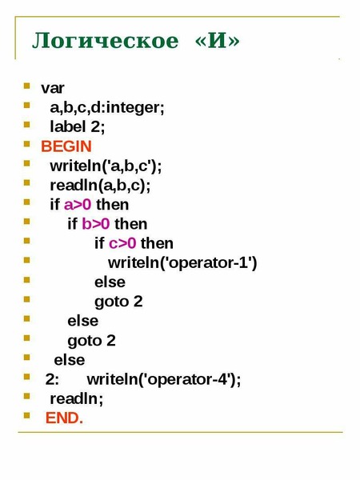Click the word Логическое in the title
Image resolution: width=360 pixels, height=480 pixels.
point(106,41)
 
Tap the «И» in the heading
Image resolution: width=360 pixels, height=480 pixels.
point(218,41)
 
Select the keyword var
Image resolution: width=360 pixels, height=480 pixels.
point(52,88)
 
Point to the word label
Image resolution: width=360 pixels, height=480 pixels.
point(68,126)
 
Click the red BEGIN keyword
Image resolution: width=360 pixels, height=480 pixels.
point(66,146)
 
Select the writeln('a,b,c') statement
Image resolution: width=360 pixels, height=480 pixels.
point(106,166)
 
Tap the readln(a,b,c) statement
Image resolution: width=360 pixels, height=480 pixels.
point(100,186)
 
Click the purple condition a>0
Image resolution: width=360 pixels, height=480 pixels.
point(78,205)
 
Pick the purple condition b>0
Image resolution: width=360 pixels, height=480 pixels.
point(95,224)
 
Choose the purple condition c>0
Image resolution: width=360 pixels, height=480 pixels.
point(122,243)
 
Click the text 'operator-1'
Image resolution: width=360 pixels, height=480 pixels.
point(208,262)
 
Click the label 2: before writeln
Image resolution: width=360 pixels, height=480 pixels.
point(52,379)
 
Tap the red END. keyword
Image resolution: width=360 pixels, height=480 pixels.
point(64,418)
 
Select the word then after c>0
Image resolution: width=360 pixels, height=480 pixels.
point(157,243)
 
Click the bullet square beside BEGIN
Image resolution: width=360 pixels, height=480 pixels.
point(27,143)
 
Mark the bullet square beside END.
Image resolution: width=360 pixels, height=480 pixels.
point(27,415)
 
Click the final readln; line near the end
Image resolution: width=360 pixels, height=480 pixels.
point(77,398)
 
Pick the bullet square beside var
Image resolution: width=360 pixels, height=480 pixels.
point(27,86)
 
